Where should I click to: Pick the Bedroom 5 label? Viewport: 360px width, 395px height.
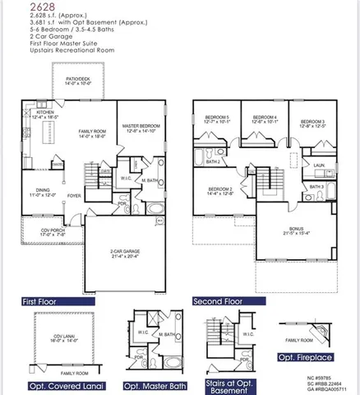218,118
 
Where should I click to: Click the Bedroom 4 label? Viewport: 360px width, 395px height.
265,118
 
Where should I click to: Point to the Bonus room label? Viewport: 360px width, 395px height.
296,230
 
